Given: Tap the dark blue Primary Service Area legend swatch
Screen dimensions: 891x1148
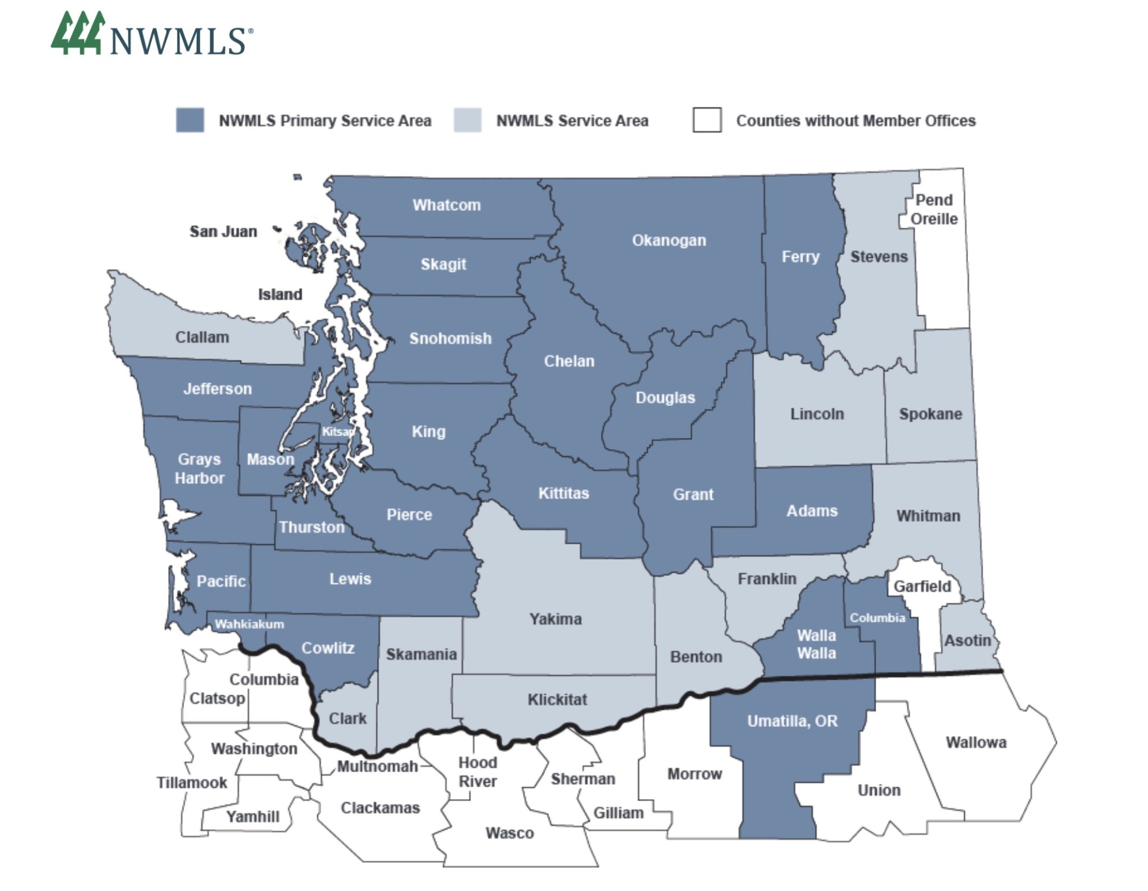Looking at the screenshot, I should pyautogui.click(x=189, y=121).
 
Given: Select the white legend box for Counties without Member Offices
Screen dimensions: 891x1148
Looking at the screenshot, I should pyautogui.click(x=707, y=120).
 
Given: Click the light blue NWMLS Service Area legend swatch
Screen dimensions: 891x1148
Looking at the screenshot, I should pyautogui.click(x=467, y=121).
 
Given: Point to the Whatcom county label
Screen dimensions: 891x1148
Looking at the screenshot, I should pyautogui.click(x=447, y=205).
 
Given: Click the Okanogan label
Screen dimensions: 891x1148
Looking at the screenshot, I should pyautogui.click(x=669, y=241).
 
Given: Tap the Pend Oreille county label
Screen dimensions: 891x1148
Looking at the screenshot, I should pyautogui.click(x=933, y=209).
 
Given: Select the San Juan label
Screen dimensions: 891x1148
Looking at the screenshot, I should pyautogui.click(x=223, y=231).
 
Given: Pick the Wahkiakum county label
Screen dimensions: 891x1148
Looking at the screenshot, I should pyautogui.click(x=249, y=624).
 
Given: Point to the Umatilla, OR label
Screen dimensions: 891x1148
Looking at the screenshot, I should pyautogui.click(x=792, y=721).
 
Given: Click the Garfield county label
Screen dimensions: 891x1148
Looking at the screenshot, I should pyautogui.click(x=922, y=587).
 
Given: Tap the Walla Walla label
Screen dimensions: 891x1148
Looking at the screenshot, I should pyautogui.click(x=816, y=644).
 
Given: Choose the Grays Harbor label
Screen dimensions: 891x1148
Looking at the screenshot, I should pyautogui.click(x=199, y=469).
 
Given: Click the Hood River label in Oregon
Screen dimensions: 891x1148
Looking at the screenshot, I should pyautogui.click(x=478, y=772).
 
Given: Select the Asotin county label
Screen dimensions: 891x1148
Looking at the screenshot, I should pyautogui.click(x=968, y=640).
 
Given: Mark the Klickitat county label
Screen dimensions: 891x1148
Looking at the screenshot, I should pyautogui.click(x=557, y=700).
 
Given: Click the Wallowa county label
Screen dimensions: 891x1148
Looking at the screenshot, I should pyautogui.click(x=976, y=742).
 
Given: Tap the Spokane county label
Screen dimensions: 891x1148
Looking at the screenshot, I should pyautogui.click(x=931, y=414).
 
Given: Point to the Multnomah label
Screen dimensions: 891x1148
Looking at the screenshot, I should pyautogui.click(x=377, y=766).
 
